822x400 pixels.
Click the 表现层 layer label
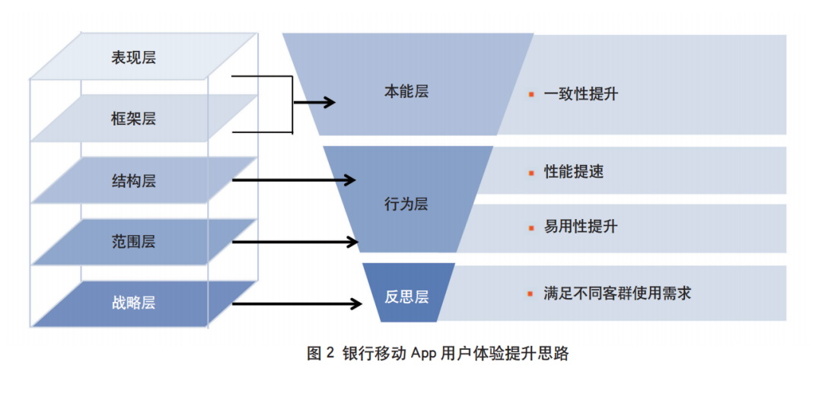(x=133, y=57)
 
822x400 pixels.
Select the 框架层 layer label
(x=133, y=119)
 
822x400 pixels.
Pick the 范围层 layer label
(x=133, y=242)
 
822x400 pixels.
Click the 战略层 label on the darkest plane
(x=133, y=303)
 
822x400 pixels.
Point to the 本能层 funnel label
(x=406, y=91)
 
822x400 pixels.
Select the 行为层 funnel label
(x=406, y=204)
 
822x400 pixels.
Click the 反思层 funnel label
(x=406, y=297)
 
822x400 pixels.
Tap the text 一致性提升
(x=581, y=95)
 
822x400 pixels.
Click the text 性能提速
(x=574, y=172)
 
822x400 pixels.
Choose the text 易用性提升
(x=581, y=227)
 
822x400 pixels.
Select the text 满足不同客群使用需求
(x=617, y=293)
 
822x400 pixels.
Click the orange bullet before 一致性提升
(x=531, y=95)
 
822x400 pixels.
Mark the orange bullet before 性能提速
(x=531, y=173)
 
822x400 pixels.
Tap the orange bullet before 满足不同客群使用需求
(x=531, y=294)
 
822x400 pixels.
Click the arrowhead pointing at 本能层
(x=328, y=102)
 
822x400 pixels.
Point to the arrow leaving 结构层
(x=293, y=180)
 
